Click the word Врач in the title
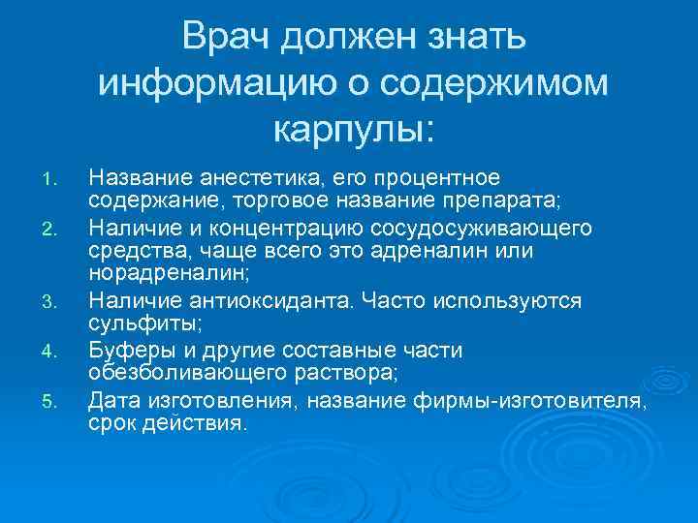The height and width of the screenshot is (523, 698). [230, 40]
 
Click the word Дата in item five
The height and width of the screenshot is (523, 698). [111, 398]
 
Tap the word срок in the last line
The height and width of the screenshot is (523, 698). [110, 422]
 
